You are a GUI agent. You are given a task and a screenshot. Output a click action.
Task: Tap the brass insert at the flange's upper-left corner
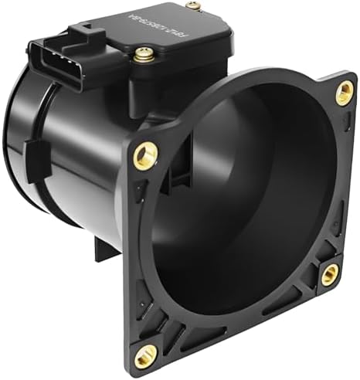[143, 155]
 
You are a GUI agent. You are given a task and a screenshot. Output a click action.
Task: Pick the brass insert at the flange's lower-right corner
[330, 271]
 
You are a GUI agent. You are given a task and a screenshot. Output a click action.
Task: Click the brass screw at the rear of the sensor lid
[193, 6]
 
